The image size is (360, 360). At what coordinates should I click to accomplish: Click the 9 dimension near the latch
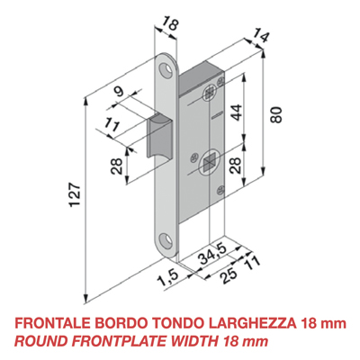[118, 89]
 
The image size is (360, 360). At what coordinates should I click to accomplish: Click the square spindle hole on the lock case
[207, 163]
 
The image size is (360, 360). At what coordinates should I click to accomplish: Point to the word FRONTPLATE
[122, 341]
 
